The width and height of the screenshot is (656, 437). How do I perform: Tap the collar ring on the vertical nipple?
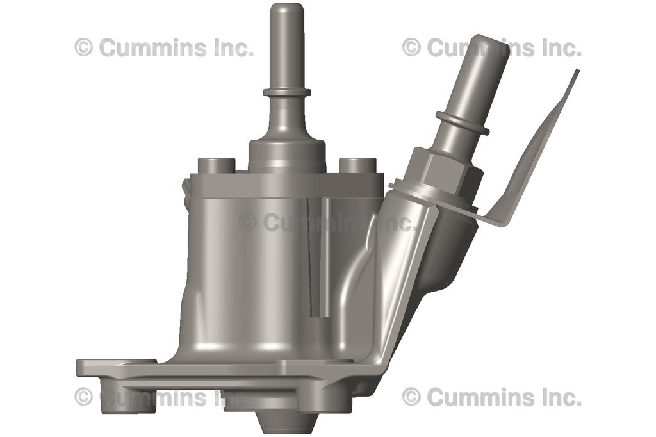[287, 92]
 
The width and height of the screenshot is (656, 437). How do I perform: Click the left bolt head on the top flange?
[217, 165]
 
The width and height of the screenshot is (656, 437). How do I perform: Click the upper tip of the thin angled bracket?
[575, 73]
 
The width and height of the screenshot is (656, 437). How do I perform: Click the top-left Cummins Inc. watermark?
[164, 47]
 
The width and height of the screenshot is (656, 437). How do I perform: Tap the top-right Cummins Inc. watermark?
[491, 47]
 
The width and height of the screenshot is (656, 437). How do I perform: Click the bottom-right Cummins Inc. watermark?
[491, 397]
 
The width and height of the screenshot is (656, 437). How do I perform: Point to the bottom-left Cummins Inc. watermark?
[164, 397]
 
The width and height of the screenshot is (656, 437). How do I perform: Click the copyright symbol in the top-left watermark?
[83, 47]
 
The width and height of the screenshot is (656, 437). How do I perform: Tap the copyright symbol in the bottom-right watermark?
[411, 397]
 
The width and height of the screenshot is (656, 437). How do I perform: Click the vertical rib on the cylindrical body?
[325, 256]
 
